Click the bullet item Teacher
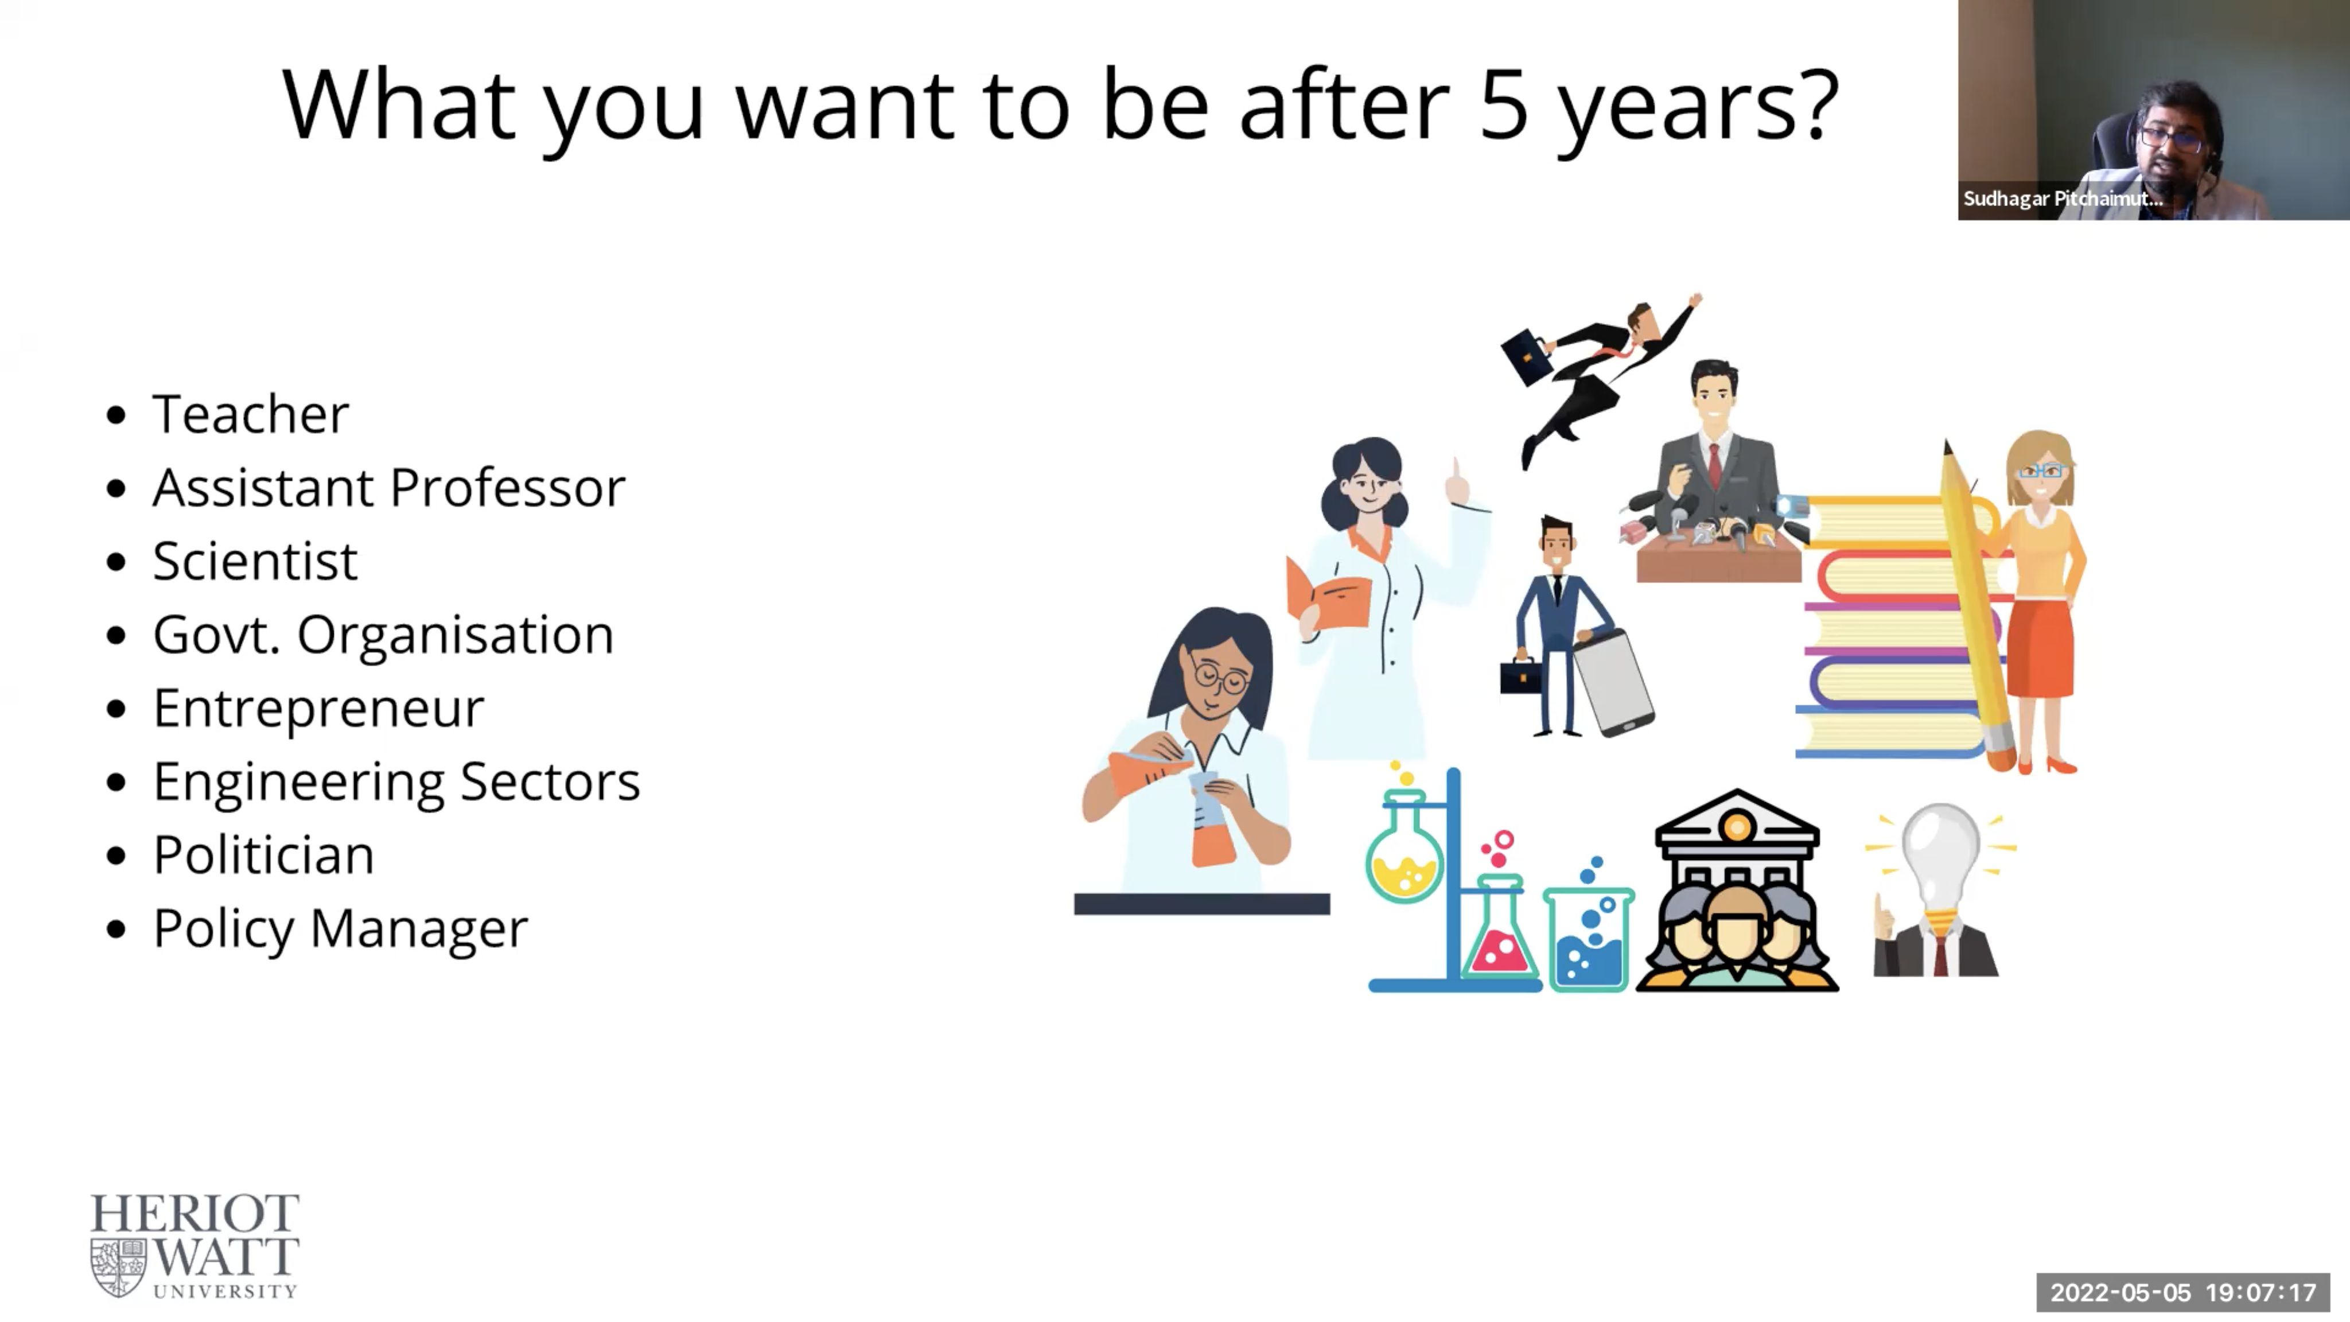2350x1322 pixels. (x=250, y=414)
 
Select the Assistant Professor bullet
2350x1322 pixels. (x=388, y=487)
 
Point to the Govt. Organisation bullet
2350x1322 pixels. (x=383, y=634)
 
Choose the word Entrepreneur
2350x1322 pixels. (x=318, y=708)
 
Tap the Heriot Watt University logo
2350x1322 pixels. (x=194, y=1245)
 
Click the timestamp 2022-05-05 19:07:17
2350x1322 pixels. (x=2183, y=1292)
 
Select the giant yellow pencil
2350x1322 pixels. (x=1978, y=606)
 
